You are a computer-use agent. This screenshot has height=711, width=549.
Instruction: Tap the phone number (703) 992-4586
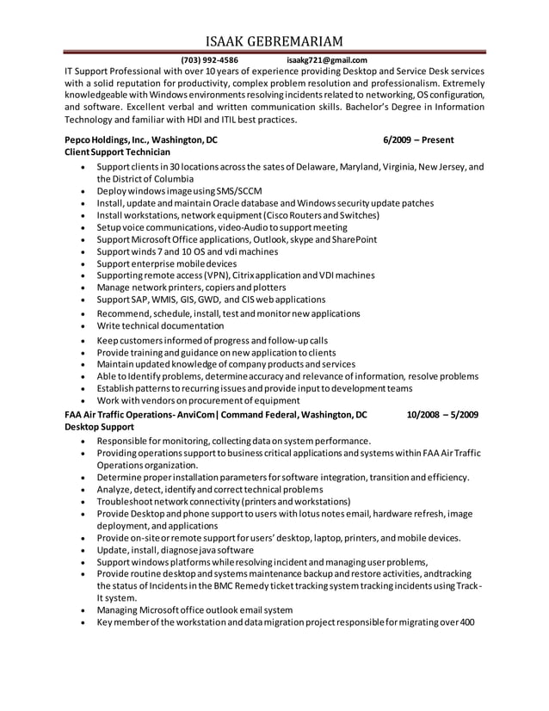(210, 60)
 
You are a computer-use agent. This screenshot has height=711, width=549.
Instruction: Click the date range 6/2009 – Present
(419, 139)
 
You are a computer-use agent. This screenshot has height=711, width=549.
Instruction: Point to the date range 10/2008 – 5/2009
(442, 415)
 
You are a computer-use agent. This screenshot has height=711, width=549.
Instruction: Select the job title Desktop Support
(99, 427)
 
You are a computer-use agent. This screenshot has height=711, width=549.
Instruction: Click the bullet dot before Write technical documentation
(82, 327)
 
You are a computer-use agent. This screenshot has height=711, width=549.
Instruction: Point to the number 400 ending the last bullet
(467, 622)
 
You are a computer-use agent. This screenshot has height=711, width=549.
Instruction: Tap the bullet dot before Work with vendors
(82, 401)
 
